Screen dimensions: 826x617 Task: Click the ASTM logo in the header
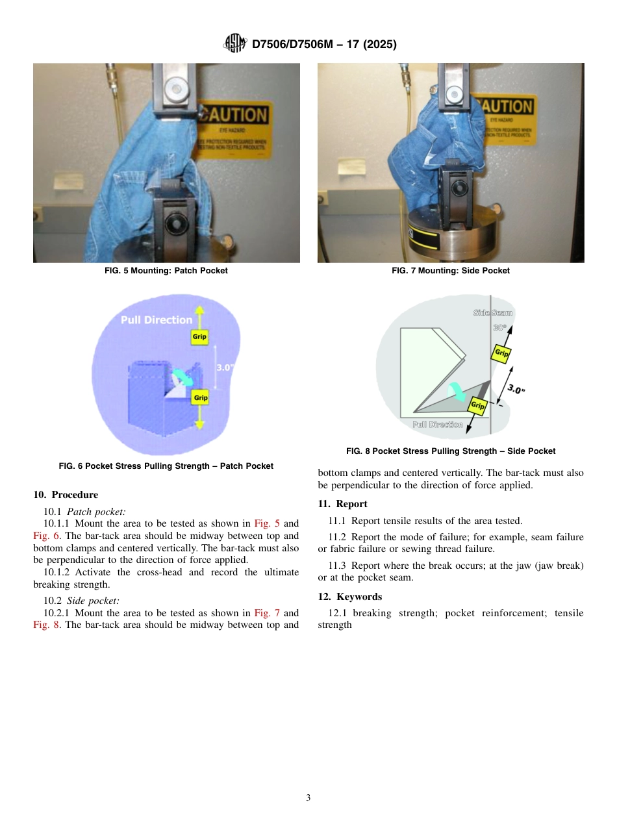(234, 44)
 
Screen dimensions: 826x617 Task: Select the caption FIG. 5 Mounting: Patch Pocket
(166, 271)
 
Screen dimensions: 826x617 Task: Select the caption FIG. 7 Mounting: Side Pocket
(451, 271)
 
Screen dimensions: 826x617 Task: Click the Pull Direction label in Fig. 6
(157, 319)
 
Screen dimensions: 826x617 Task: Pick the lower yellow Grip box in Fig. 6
(201, 397)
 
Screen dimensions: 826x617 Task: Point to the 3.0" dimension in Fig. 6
(224, 367)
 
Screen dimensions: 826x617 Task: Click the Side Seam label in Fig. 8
(492, 312)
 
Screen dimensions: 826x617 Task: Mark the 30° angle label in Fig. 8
(499, 328)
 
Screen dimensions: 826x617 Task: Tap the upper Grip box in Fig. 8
(501, 353)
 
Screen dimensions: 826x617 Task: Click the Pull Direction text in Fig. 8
(438, 424)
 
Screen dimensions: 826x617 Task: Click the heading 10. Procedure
(66, 495)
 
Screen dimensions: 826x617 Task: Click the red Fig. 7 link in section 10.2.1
(266, 613)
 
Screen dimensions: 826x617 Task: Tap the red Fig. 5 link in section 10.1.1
(266, 523)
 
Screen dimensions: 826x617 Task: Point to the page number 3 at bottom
(308, 798)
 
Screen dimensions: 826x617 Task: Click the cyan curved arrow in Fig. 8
(457, 390)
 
